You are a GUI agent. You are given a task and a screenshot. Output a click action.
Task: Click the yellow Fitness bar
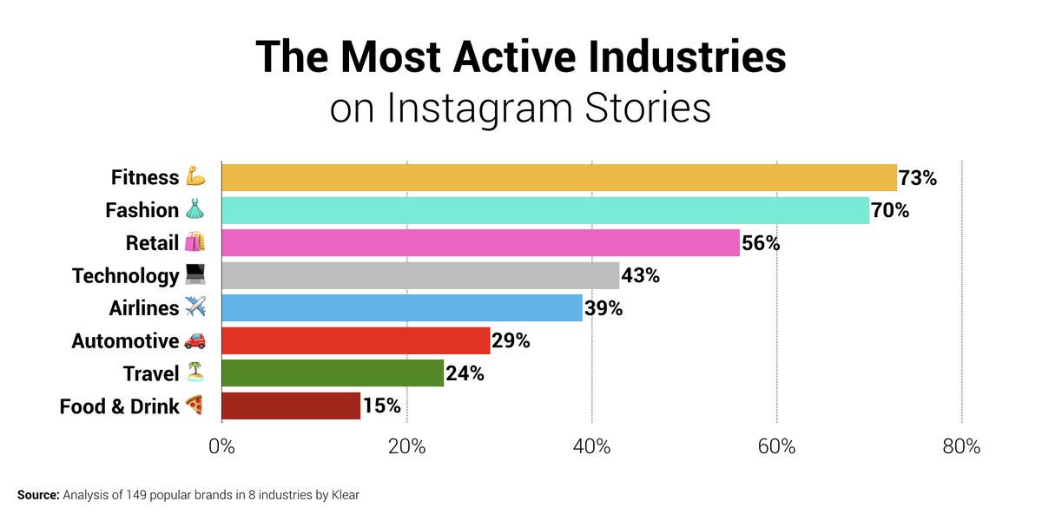(559, 177)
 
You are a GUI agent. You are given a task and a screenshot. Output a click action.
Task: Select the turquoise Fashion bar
(545, 210)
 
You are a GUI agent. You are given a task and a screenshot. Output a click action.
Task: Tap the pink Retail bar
(480, 242)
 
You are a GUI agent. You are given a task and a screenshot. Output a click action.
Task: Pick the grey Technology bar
(420, 275)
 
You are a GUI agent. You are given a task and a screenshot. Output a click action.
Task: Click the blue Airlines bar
(402, 307)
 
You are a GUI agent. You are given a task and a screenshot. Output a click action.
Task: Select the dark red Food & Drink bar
(291, 406)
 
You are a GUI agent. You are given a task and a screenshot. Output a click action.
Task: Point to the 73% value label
(918, 178)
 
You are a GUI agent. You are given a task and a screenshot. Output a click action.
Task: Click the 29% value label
(511, 340)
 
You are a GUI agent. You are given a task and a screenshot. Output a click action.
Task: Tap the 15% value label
(381, 406)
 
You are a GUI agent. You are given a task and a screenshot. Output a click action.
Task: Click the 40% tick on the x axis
(592, 446)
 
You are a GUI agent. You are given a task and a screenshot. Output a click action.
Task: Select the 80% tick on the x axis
(961, 446)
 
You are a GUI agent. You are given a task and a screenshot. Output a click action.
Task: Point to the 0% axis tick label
(222, 446)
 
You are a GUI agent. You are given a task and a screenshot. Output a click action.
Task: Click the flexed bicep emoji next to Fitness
(195, 177)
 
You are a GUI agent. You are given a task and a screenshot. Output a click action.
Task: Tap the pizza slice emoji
(195, 406)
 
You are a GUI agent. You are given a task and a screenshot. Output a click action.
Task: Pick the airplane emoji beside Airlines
(195, 307)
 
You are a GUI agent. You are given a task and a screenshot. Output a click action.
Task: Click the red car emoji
(195, 340)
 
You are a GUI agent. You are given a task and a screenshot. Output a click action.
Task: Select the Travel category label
(151, 373)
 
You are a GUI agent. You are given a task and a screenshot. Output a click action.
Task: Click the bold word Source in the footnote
(37, 495)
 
